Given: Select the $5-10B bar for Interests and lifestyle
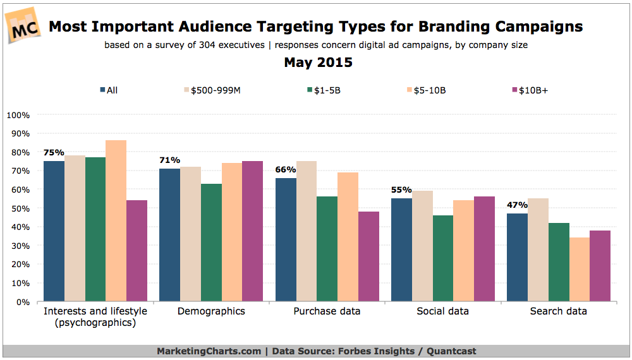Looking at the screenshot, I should point(116,221).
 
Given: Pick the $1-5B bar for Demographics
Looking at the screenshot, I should point(211,243).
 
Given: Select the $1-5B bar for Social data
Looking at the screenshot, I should point(443,258).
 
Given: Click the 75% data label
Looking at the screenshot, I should point(54,152).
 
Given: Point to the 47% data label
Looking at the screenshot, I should point(518,205).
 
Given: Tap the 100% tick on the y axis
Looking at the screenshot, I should point(18,115).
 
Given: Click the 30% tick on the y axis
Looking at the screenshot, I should point(20,246).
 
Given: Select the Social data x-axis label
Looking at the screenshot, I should point(443,311).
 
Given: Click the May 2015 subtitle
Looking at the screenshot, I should point(318,63).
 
